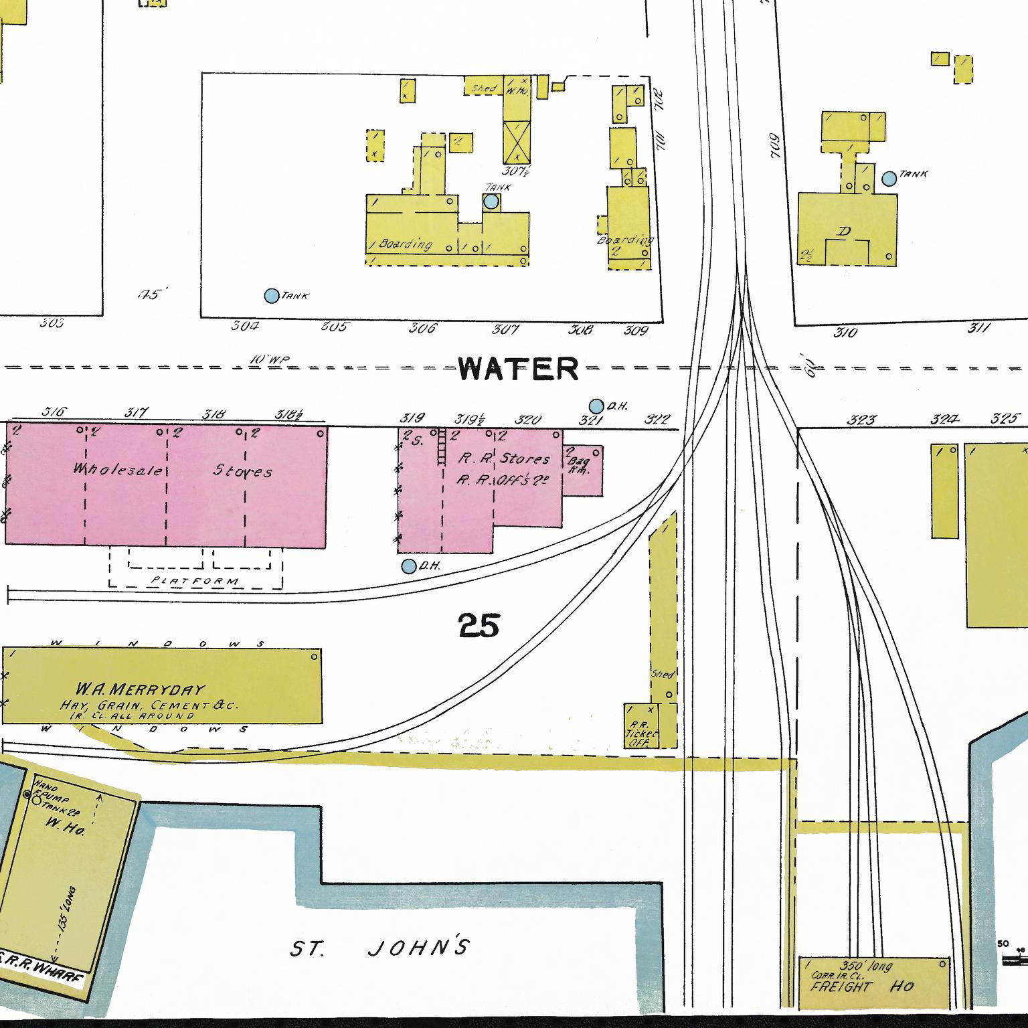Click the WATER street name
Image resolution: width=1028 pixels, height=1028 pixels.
pos(519,369)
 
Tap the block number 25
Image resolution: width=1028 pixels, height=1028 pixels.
pos(479,626)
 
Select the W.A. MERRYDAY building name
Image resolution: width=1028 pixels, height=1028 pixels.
pos(141,689)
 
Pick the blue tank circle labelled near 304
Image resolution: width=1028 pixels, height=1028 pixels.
pos(271,296)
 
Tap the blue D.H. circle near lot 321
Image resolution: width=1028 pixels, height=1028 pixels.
pos(596,406)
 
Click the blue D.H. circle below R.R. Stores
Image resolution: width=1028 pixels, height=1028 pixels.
pos(408,566)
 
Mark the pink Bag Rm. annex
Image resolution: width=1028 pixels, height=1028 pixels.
pos(581,470)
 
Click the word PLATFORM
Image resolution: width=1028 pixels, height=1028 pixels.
pos(195,581)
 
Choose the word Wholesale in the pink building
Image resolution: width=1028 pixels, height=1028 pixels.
pos(118,470)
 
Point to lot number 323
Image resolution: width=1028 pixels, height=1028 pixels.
pos(861,420)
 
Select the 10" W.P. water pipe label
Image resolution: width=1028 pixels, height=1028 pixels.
pos(269,360)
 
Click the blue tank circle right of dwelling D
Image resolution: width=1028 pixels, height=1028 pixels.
pos(889,179)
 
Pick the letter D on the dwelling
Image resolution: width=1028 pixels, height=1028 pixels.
pos(845,232)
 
